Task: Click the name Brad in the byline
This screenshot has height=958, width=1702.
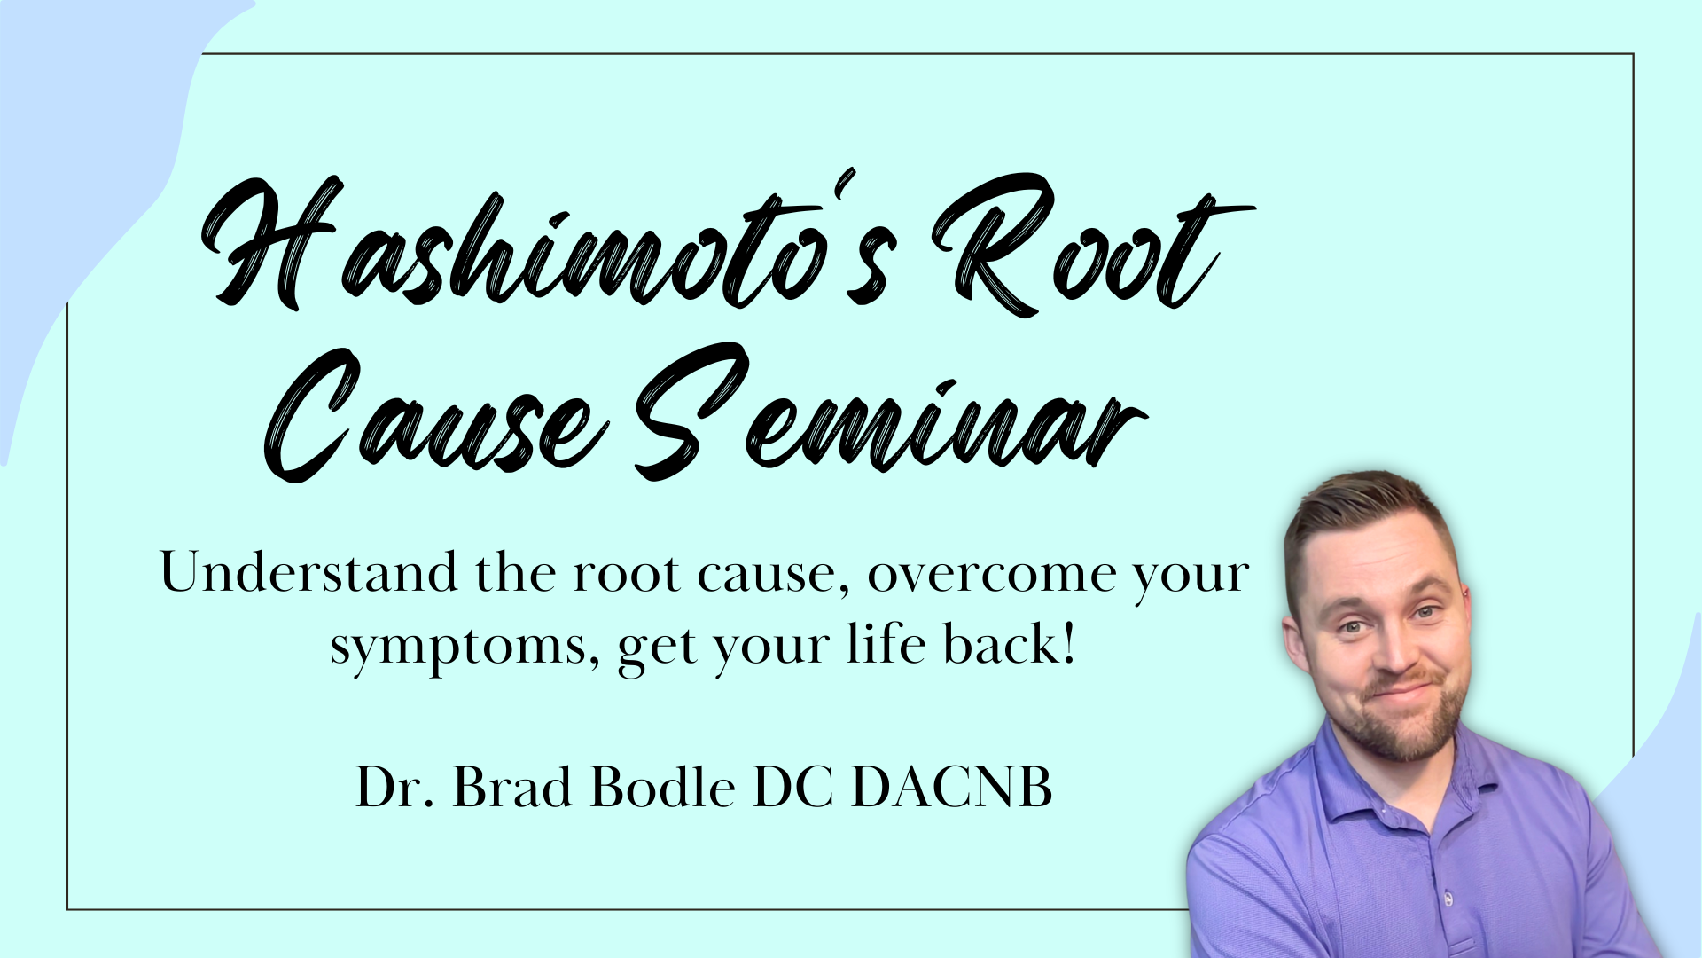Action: click(x=512, y=787)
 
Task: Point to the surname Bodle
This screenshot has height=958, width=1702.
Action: click(x=662, y=787)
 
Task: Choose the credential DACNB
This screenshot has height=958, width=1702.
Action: click(x=951, y=787)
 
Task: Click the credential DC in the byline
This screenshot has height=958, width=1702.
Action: click(x=792, y=787)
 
